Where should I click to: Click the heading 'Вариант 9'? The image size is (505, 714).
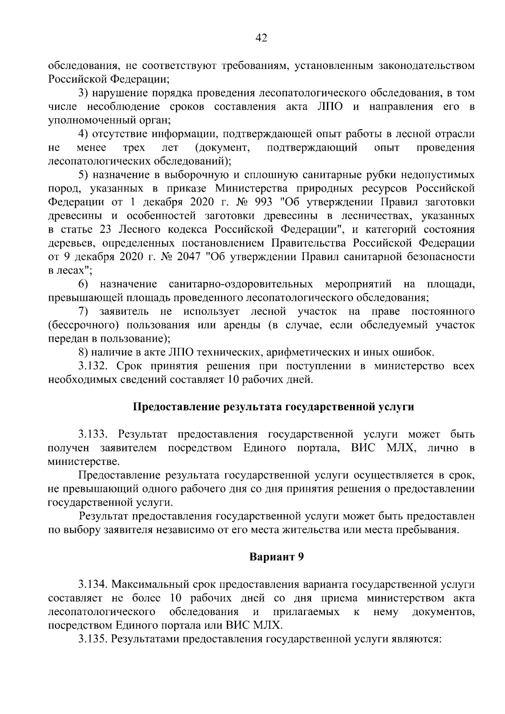276,557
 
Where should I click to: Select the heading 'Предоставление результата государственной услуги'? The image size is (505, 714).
274,407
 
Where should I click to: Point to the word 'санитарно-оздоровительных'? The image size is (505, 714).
240,284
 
